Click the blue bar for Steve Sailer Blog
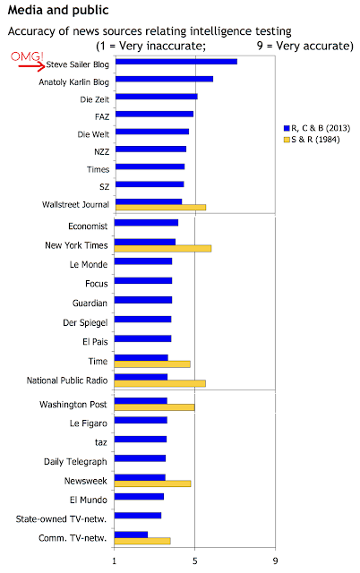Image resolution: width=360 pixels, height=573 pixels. point(176,62)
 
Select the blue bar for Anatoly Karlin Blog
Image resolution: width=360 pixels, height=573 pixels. point(164,79)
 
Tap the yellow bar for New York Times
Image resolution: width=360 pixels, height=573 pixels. point(163,249)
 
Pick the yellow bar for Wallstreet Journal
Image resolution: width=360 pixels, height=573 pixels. point(161,208)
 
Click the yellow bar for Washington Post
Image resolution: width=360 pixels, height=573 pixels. point(154,407)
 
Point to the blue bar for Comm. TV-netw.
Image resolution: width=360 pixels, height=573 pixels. point(131,535)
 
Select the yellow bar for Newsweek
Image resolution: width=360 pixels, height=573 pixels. point(152,483)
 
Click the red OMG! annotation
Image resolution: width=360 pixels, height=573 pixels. point(27,56)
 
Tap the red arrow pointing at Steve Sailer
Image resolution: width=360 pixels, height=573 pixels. point(32,66)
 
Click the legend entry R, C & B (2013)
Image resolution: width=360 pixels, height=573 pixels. point(317,128)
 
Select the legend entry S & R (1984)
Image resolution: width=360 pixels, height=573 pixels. point(312,140)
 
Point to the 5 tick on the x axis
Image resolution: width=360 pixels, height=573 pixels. point(195,560)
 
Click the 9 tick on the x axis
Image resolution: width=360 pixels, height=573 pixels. point(275,560)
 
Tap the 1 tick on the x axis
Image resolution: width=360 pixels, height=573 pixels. point(115,560)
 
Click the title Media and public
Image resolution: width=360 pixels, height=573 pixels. point(58,10)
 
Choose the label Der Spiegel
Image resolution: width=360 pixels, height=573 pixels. point(85,322)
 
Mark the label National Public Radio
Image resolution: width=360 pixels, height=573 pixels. point(67,381)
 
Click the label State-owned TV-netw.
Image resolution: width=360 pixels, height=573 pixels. point(61,519)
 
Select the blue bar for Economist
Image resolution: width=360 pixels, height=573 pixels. point(146,223)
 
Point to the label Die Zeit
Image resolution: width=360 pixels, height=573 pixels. point(95,99)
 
